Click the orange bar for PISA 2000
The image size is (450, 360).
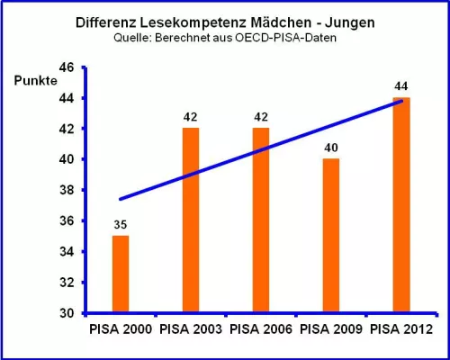point(120,274)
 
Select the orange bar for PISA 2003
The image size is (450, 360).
point(191,220)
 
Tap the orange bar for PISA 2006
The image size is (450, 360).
point(261,220)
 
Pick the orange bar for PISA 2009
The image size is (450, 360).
point(331,236)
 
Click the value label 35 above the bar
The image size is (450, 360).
point(120,224)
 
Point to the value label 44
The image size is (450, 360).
point(401,85)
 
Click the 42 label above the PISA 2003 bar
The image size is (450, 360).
point(191,117)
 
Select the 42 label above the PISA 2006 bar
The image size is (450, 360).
point(261,117)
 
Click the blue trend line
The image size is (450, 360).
point(261,150)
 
